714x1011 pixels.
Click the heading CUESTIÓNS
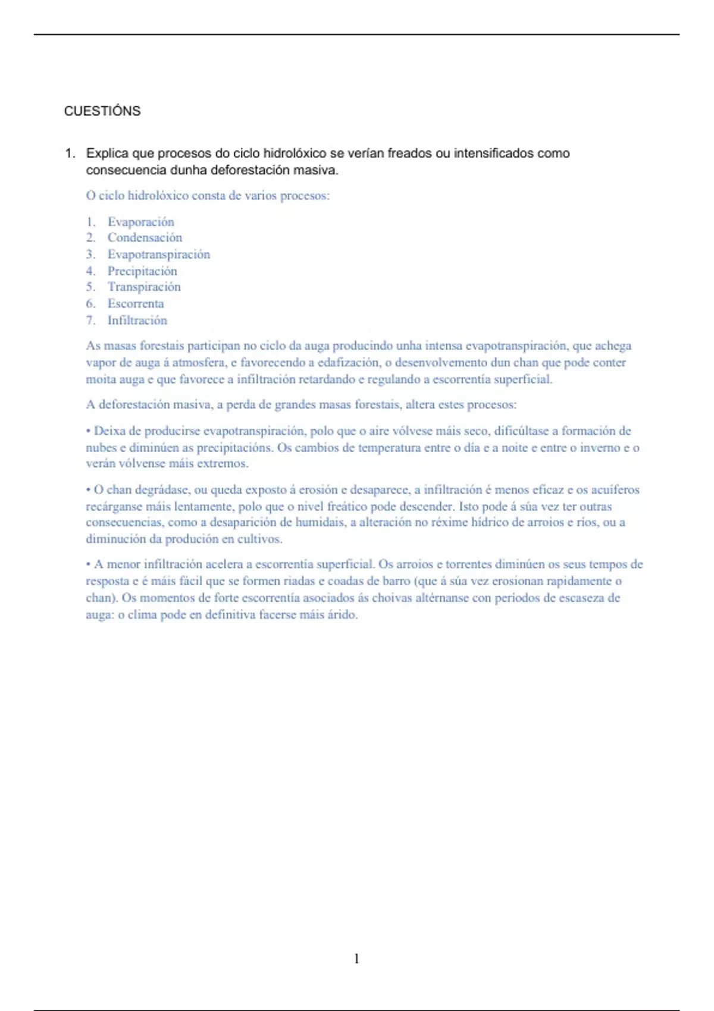(102, 111)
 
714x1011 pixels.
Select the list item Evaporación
(140, 222)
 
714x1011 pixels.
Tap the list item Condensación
(145, 238)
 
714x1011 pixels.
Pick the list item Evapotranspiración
(158, 255)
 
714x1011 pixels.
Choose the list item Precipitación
(142, 271)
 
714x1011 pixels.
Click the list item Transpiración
(144, 287)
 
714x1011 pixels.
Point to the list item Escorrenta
(136, 304)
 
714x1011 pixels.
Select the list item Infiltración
(137, 321)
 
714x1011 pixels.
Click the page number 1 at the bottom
(356, 958)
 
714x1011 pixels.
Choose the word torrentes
(469, 564)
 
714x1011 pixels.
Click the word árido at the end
(342, 615)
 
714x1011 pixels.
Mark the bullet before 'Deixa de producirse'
(89, 431)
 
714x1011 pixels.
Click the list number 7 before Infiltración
(90, 321)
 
